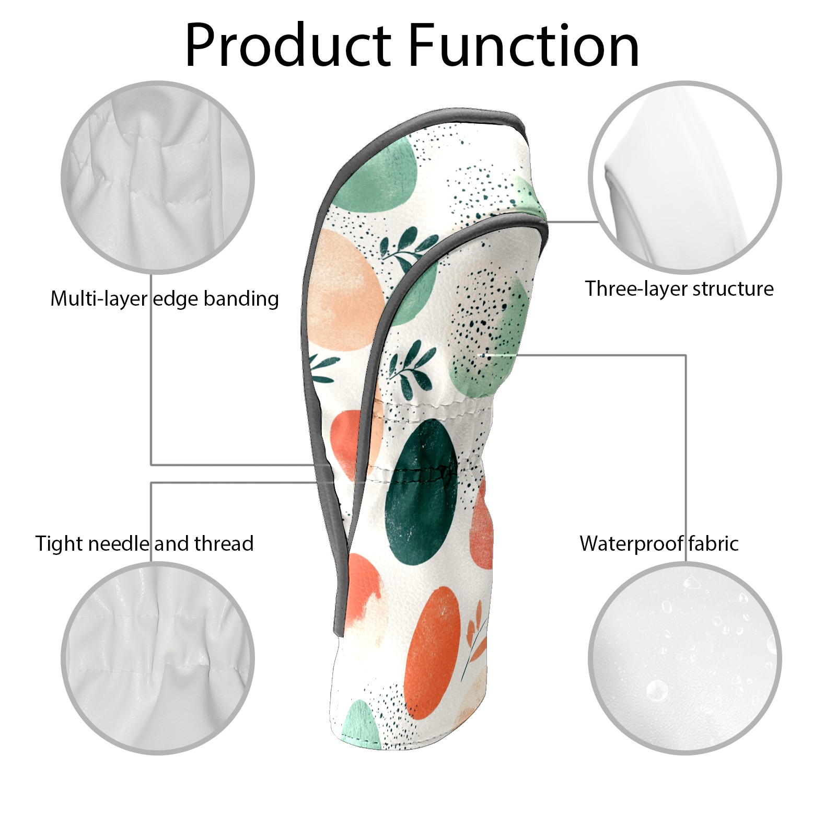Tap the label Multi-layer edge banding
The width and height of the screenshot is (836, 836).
point(164,299)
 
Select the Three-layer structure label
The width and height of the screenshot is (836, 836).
point(679,288)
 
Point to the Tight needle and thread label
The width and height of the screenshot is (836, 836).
point(144,543)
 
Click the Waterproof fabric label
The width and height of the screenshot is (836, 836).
point(659,543)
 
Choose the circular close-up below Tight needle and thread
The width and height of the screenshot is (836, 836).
point(158,658)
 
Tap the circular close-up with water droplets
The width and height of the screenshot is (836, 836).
point(684,658)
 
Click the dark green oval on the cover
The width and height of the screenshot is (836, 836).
point(421,491)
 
